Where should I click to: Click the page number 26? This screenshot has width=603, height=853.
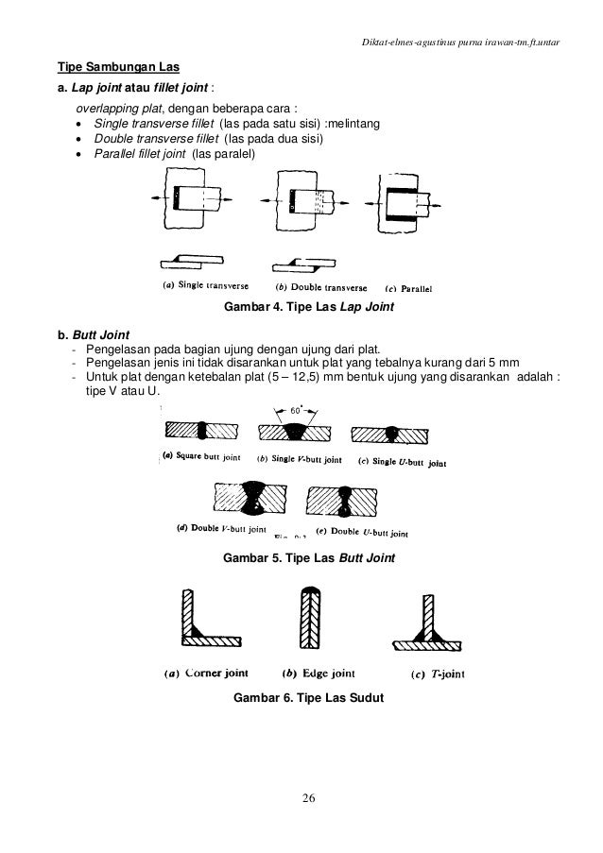tap(302, 802)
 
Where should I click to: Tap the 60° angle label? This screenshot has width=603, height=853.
tap(298, 412)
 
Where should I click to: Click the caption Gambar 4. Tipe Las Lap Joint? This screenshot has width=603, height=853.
tap(306, 309)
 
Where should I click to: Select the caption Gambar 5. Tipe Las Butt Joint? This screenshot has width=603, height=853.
tap(307, 559)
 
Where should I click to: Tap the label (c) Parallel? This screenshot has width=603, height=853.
tap(411, 288)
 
